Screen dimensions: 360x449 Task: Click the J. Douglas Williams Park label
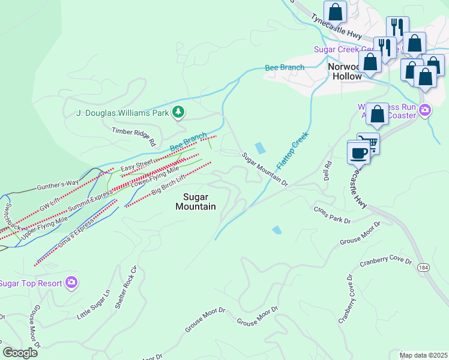pyautogui.click(x=122, y=112)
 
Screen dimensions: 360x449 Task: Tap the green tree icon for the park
pyautogui.click(x=178, y=112)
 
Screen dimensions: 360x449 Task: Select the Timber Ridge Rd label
pyautogui.click(x=134, y=136)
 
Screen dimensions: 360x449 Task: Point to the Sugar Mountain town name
pyautogui.click(x=196, y=202)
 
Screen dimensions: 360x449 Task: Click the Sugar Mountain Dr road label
pyautogui.click(x=265, y=169)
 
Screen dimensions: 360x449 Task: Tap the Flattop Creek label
pyautogui.click(x=292, y=150)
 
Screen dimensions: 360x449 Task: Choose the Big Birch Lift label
pyautogui.click(x=170, y=182)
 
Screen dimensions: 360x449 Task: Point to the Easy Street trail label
pyautogui.click(x=136, y=166)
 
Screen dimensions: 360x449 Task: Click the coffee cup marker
pyautogui.click(x=358, y=152)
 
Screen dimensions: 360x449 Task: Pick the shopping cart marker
pyautogui.click(x=369, y=143)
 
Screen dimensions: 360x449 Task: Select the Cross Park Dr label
pyautogui.click(x=332, y=215)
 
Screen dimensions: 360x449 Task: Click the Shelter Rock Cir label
pyautogui.click(x=122, y=295)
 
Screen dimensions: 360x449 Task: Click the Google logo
pyautogui.click(x=20, y=352)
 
